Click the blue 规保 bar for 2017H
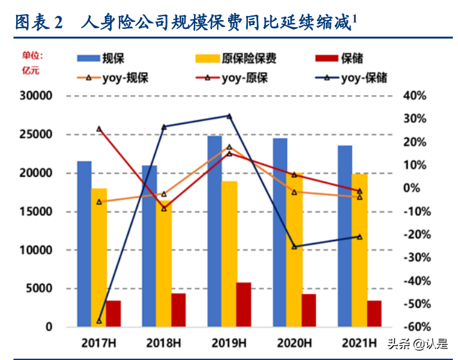click(84, 244)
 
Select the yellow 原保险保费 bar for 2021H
click(360, 250)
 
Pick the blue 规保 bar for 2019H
click(215, 231)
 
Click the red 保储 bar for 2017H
click(113, 313)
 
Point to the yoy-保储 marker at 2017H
click(99, 320)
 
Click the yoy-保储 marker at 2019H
click(229, 116)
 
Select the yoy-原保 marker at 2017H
click(99, 129)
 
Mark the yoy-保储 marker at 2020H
click(294, 247)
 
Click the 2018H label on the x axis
click(164, 341)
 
